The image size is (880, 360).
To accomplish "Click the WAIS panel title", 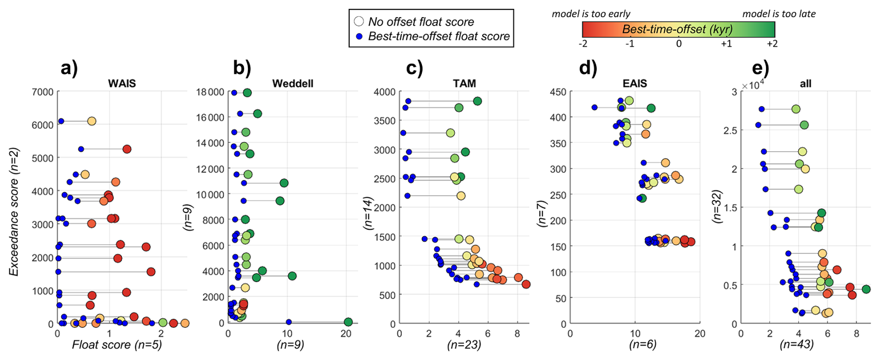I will (122, 84).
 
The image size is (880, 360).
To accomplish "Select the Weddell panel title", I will (293, 84).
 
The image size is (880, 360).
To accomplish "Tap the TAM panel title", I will (464, 84).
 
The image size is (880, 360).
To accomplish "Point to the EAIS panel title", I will (634, 84).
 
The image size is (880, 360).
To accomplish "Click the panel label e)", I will (760, 68).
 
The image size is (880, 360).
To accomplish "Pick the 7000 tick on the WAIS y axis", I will (42, 92).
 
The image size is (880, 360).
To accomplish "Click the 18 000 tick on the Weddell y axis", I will (209, 92).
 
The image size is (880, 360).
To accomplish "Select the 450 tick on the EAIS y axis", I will (558, 92).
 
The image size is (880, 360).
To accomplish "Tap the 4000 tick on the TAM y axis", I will (385, 92).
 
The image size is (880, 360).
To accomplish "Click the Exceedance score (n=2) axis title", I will (14, 212).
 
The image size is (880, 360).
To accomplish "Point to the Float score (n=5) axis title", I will (117, 345).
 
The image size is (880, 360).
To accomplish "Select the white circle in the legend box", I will (359, 21).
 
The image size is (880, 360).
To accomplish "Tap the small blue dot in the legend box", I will (359, 36).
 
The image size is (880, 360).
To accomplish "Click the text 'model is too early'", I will (591, 14).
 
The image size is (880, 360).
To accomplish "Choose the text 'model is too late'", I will (779, 14).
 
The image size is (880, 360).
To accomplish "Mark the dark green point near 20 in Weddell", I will (348, 322).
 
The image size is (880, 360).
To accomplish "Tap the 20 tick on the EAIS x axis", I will (700, 333).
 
